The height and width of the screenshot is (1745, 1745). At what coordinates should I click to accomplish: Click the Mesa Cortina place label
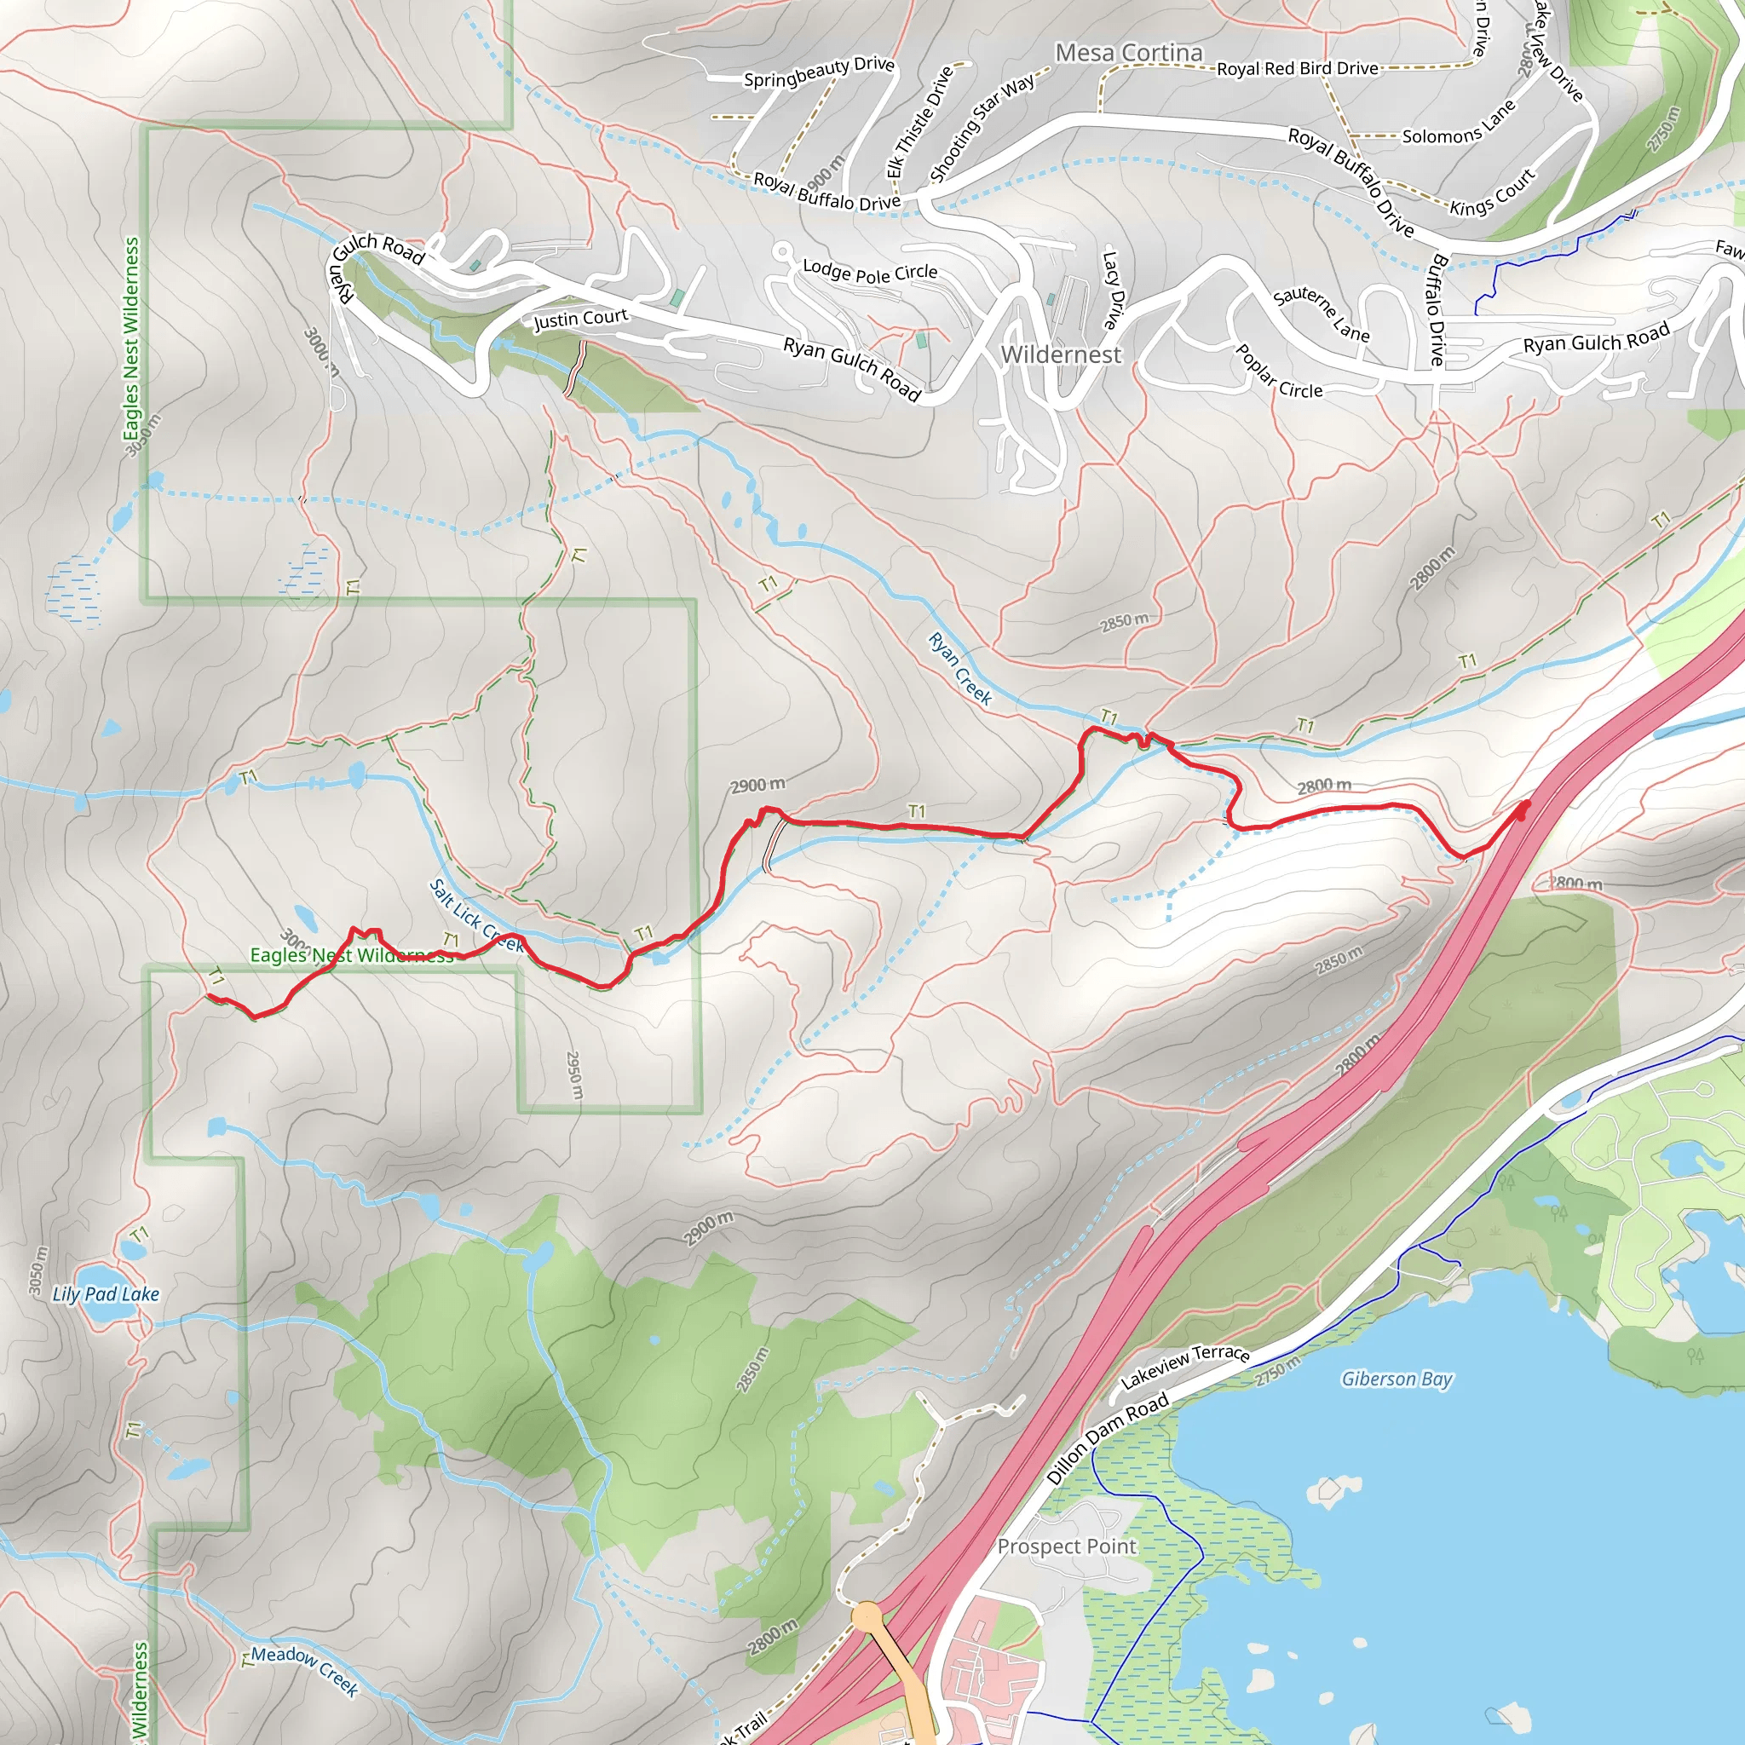coord(1129,54)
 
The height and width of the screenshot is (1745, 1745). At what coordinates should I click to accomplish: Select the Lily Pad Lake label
coord(106,1293)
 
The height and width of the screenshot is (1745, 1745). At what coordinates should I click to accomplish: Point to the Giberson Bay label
coord(1397,1379)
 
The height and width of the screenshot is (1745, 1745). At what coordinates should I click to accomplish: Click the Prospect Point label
coord(1066,1546)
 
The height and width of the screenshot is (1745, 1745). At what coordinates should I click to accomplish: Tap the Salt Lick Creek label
coord(475,917)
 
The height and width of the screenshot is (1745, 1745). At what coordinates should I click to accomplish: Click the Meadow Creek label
coord(304,1670)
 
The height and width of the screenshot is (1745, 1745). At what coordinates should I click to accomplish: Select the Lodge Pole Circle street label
coord(870,271)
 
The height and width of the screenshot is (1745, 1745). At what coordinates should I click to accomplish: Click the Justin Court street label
coord(580,319)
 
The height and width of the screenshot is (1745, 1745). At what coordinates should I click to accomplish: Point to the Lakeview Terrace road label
coord(1185,1366)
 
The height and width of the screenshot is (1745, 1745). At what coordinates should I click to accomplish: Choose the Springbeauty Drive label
coord(818,72)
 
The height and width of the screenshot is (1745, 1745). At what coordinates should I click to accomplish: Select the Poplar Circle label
coord(1278,372)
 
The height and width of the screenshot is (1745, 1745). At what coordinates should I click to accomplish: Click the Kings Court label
coord(1492,193)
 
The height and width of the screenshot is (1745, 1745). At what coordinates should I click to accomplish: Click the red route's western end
coord(210,996)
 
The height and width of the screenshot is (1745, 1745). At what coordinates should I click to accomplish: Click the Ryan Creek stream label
coord(960,669)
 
